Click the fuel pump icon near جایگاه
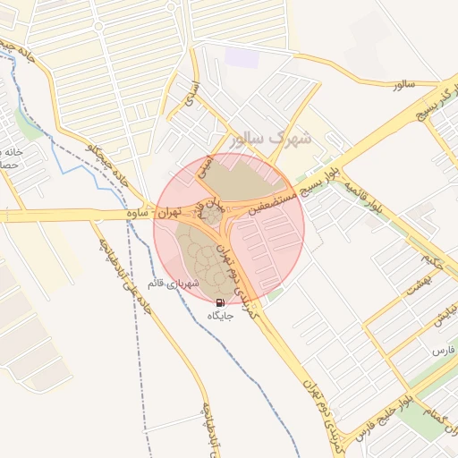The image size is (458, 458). pyautogui.click(x=220, y=302)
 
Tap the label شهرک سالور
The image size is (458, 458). pyautogui.click(x=270, y=140)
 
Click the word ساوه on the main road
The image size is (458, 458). pyautogui.click(x=136, y=214)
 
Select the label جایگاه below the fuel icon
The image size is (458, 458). pyautogui.click(x=221, y=316)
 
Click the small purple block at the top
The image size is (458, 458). pyautogui.click(x=242, y=56)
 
